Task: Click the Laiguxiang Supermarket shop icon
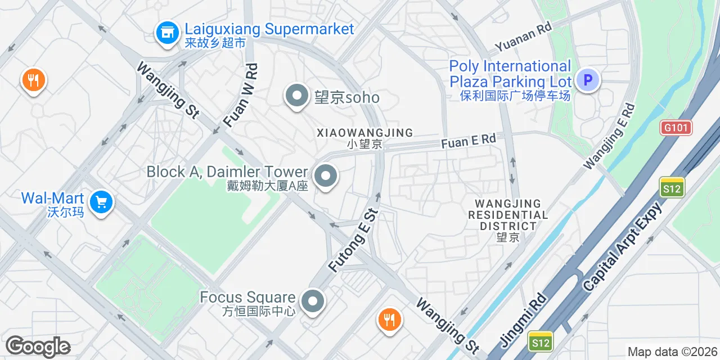[x=166, y=33]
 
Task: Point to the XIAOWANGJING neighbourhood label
[x=364, y=133]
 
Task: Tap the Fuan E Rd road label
[x=469, y=141]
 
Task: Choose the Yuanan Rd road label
[x=523, y=38]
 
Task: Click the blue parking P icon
[x=588, y=80]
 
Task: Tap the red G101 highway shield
[x=676, y=128]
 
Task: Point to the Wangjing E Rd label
[x=610, y=136]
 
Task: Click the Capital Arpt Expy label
[x=623, y=247]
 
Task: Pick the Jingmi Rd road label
[x=523, y=320]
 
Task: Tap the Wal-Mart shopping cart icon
[x=102, y=202]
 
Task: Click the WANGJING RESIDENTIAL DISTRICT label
[x=508, y=214]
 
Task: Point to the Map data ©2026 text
[x=672, y=352]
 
